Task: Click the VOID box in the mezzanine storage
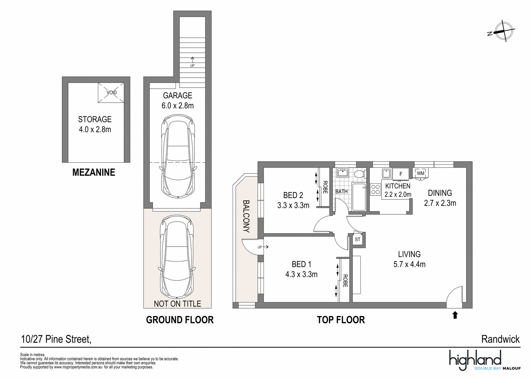111,93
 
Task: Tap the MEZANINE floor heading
94,172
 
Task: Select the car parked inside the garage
178,157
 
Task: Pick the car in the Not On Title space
177,257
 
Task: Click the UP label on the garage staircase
192,66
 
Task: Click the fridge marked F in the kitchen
401,174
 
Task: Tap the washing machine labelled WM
420,173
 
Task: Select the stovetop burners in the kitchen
375,189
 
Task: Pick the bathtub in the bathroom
359,197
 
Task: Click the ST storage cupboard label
357,240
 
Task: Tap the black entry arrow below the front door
455,315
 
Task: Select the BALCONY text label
246,216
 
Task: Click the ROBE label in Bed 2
325,187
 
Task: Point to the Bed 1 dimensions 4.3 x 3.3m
301,274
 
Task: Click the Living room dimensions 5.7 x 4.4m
410,264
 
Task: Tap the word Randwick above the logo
500,340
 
